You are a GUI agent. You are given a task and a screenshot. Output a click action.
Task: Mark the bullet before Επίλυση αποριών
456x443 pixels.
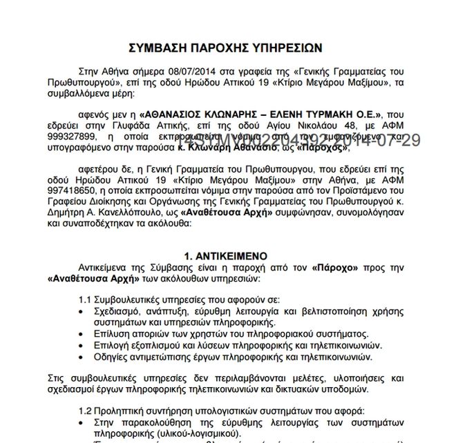tap(82, 333)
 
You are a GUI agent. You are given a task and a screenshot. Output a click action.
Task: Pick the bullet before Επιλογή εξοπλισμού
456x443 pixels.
tap(82, 344)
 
